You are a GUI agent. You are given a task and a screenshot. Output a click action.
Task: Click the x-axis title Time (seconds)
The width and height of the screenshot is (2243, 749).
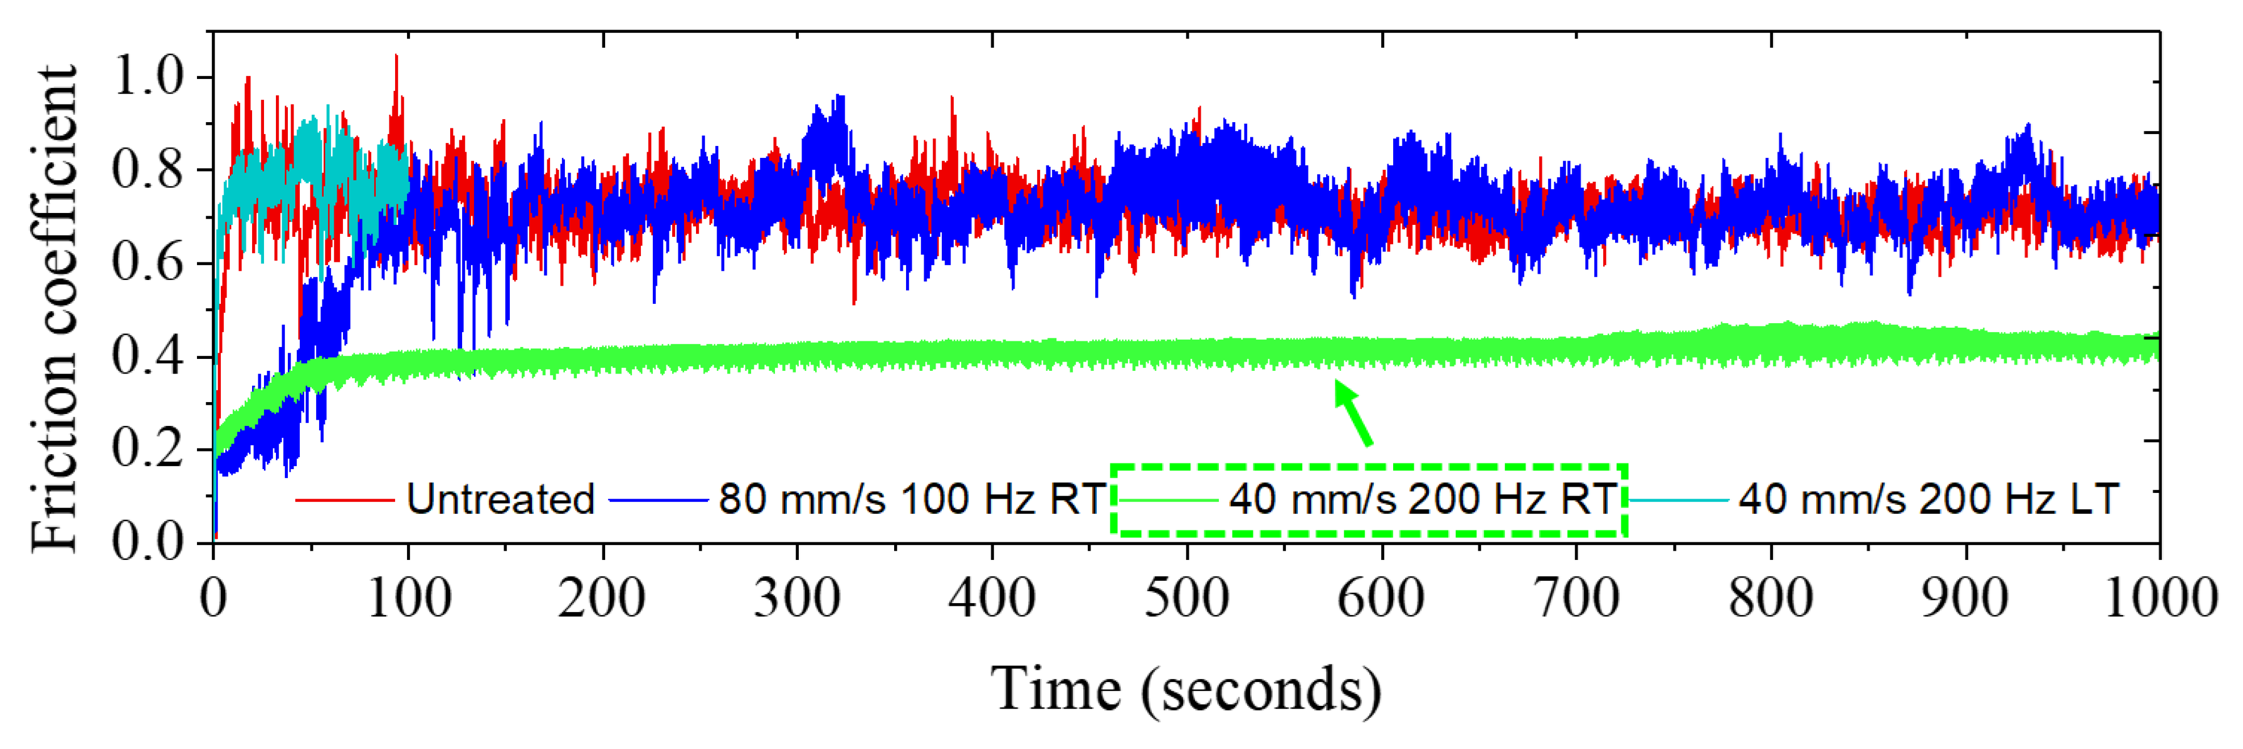pos(1186,691)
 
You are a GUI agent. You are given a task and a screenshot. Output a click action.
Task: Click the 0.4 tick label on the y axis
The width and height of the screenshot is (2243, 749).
pos(148,357)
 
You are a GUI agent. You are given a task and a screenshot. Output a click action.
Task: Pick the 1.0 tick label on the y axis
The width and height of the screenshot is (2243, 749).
pos(148,78)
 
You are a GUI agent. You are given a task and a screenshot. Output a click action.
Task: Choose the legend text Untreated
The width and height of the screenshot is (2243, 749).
pos(500,500)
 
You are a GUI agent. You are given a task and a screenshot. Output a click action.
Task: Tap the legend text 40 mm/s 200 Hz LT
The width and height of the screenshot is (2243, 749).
pos(1928,500)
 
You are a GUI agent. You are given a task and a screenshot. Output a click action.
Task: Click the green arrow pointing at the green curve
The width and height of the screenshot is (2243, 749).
pos(1354,415)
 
